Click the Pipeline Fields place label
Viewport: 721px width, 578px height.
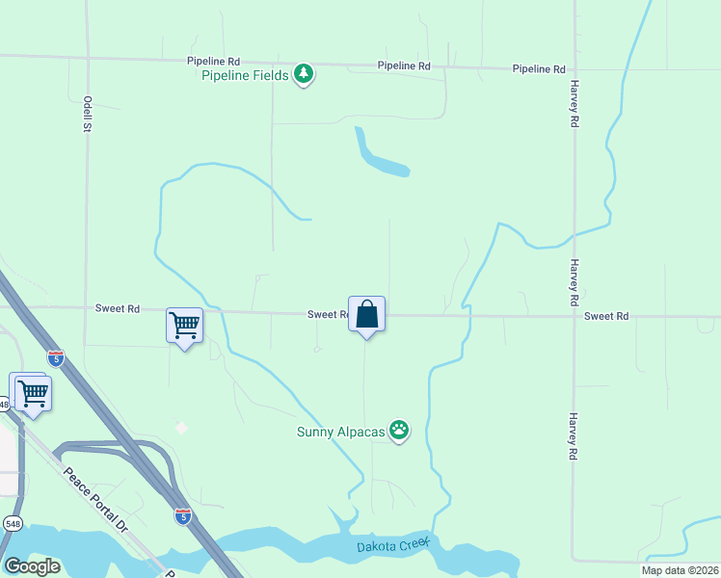tap(246, 75)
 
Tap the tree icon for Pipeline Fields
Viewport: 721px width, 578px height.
tap(304, 73)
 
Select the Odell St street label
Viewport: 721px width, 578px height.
tap(87, 114)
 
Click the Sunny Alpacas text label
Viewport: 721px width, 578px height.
tap(340, 431)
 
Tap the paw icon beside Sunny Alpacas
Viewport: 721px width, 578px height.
tap(399, 431)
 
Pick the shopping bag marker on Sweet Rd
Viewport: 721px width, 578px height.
tap(366, 315)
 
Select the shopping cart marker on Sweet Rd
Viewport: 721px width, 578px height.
tap(184, 325)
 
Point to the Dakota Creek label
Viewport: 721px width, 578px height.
tap(391, 546)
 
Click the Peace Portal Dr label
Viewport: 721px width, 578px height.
tap(95, 500)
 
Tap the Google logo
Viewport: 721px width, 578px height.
tap(32, 566)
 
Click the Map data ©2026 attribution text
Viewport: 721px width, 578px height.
tap(680, 570)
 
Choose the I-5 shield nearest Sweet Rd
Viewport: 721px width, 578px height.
tap(56, 358)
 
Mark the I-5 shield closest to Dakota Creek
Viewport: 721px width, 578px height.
tap(183, 516)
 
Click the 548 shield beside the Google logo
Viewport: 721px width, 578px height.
tap(13, 523)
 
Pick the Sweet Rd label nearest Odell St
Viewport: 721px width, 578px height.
tap(118, 308)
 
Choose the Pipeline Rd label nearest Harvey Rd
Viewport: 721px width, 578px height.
tap(539, 68)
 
